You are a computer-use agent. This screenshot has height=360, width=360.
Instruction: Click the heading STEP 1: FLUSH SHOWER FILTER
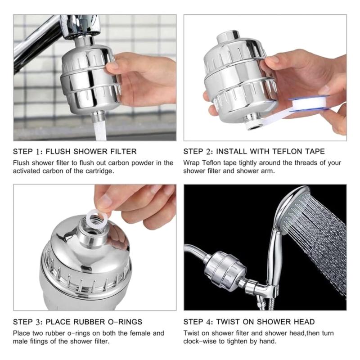(75, 151)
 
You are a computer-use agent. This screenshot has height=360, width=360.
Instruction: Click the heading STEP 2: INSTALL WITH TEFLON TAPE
(254, 151)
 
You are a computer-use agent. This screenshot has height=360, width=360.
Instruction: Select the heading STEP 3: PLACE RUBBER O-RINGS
(77, 322)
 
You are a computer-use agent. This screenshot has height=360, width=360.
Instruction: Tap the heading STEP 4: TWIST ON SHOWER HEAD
(249, 322)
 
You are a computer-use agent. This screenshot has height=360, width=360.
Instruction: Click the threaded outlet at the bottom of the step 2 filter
(253, 122)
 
